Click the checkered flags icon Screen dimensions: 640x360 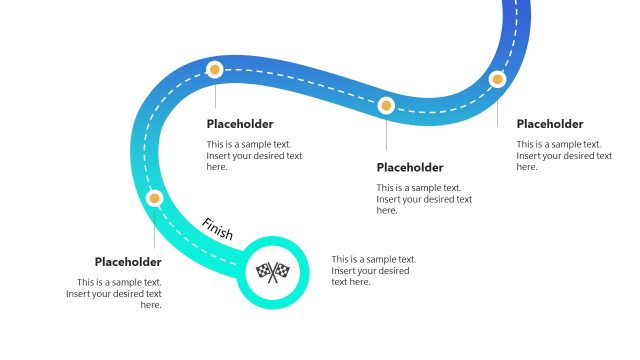click(x=271, y=270)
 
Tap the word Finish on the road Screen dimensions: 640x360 click(x=217, y=229)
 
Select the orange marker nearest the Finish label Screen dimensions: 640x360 click(x=154, y=198)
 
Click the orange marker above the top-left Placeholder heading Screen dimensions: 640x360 click(x=214, y=70)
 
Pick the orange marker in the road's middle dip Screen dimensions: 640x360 click(x=386, y=105)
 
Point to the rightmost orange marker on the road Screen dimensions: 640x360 click(x=497, y=79)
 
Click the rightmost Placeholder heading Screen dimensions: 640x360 click(x=549, y=124)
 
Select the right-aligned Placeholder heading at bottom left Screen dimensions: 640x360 click(x=128, y=262)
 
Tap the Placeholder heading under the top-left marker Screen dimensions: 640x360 click(x=240, y=124)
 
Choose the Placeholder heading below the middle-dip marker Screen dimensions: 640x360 click(x=410, y=167)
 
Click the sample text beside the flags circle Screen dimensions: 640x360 click(x=373, y=271)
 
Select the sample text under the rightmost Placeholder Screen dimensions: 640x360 click(x=564, y=156)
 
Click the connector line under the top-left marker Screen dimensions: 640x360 click(x=214, y=95)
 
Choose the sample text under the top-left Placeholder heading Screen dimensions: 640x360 click(x=254, y=156)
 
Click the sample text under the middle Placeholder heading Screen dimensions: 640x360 click(x=424, y=199)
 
